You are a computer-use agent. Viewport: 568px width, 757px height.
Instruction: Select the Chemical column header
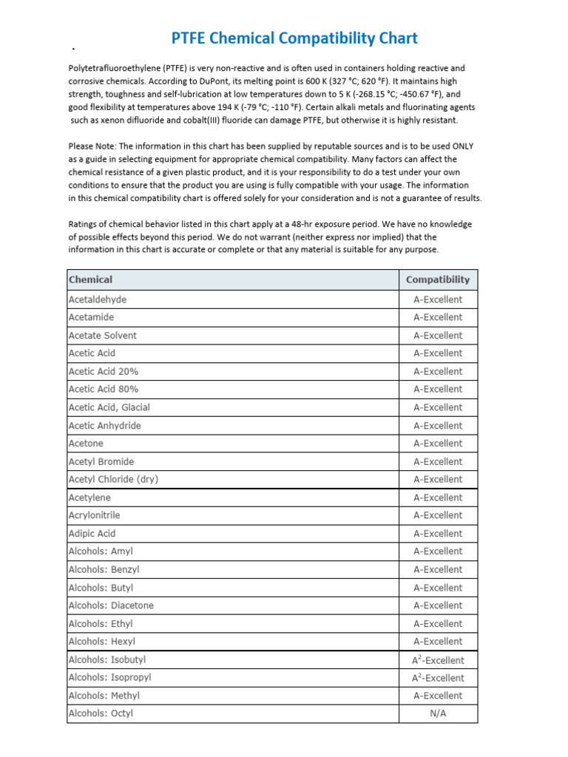click(x=90, y=279)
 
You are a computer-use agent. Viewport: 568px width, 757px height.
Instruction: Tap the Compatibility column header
click(x=438, y=279)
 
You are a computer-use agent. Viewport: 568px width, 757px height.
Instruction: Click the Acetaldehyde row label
click(x=97, y=299)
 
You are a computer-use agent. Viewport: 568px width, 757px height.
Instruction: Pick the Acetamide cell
click(x=91, y=317)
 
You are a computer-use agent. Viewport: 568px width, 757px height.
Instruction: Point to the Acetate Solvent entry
click(x=102, y=336)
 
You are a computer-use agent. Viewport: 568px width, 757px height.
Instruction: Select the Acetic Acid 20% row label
click(x=103, y=371)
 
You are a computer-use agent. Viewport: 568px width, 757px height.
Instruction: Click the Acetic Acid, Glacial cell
click(x=109, y=407)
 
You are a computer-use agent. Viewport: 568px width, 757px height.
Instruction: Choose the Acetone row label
click(x=86, y=444)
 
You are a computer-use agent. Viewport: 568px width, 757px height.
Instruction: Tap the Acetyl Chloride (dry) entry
click(x=113, y=479)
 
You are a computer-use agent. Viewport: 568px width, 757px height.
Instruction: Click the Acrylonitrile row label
click(x=94, y=515)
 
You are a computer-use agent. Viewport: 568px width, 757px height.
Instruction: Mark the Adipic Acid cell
click(x=92, y=533)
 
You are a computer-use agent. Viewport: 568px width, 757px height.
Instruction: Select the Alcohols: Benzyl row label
click(x=104, y=569)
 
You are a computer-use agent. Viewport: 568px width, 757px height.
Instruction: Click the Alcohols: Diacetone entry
click(x=111, y=605)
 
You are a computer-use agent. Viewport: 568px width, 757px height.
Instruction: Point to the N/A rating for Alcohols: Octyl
click(x=438, y=713)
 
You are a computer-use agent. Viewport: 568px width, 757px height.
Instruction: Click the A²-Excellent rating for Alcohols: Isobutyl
click(x=438, y=660)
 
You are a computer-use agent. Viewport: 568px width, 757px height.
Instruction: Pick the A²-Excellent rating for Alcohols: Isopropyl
click(x=438, y=678)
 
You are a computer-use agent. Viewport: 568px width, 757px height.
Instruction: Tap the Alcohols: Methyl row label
click(x=104, y=696)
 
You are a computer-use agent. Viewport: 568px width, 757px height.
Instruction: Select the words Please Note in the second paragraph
click(x=92, y=146)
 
